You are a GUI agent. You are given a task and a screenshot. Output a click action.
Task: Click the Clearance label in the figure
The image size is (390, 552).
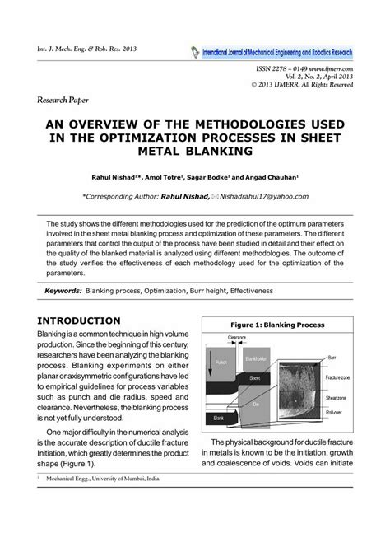pyautogui.click(x=237, y=337)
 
